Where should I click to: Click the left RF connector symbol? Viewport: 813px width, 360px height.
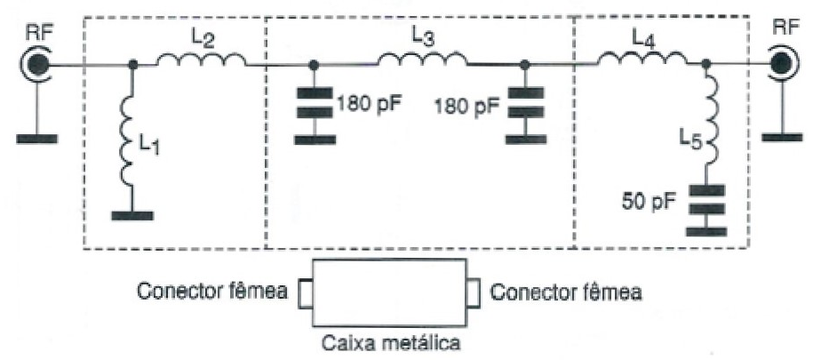point(36,65)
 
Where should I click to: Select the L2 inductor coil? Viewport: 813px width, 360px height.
point(201,60)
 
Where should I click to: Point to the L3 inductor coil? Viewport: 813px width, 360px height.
point(422,59)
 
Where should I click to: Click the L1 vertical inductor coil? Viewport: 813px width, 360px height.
point(128,142)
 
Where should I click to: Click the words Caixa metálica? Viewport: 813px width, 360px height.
point(391,343)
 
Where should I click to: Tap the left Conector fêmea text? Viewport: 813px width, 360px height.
point(211,292)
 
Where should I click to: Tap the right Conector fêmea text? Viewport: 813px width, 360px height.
point(566,292)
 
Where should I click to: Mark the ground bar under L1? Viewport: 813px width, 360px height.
point(132,216)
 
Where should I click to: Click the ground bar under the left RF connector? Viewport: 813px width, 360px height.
point(36,139)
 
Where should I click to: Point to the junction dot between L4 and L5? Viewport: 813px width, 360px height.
point(705,64)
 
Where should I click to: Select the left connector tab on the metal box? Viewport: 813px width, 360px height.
point(306,293)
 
